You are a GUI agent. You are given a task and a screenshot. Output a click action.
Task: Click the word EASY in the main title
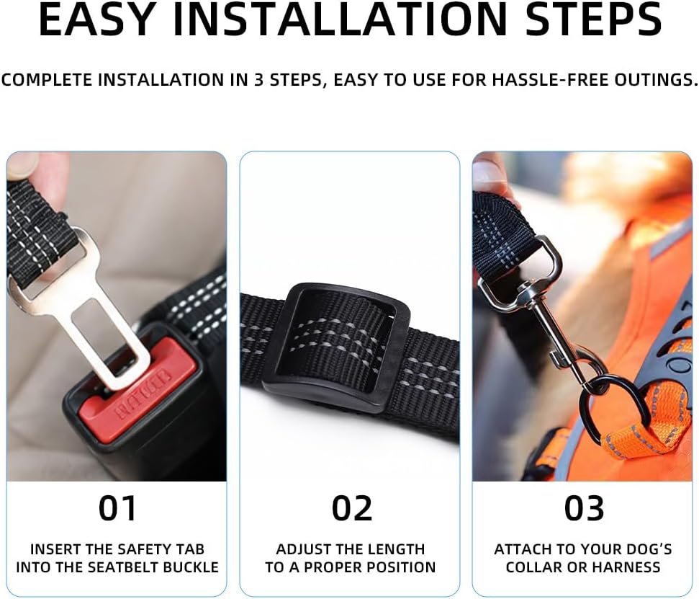[x=96, y=19]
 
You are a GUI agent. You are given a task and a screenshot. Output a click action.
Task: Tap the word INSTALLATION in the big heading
[x=337, y=19]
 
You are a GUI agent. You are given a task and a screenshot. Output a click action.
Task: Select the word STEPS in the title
[x=594, y=19]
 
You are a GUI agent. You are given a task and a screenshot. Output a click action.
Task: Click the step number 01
[x=117, y=508]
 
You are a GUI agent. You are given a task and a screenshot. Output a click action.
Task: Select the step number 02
[x=352, y=508]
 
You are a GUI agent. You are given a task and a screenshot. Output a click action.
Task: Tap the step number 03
[x=585, y=508]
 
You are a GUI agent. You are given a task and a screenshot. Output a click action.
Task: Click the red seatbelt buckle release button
[x=138, y=393]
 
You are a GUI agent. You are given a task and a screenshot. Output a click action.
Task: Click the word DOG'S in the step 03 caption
[x=646, y=549]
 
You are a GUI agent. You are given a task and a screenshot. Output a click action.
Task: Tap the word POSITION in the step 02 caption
[x=401, y=567]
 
